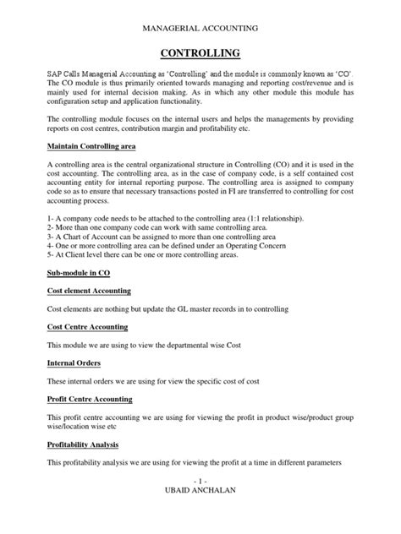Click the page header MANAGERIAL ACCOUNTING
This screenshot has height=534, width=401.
pos(200,28)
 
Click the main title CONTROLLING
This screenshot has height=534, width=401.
pos(200,54)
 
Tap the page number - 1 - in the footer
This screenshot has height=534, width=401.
pos(200,505)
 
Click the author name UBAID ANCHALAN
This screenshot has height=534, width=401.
pos(200,517)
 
